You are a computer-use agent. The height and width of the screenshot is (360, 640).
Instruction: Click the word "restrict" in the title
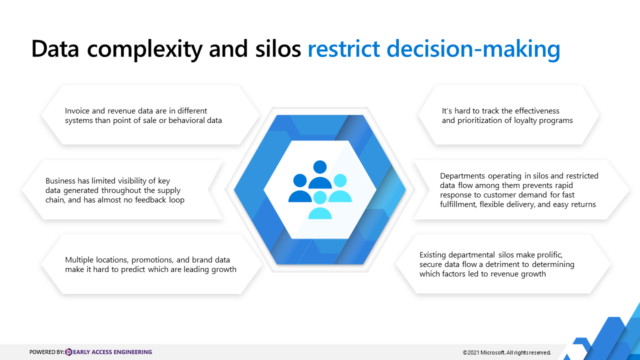343,49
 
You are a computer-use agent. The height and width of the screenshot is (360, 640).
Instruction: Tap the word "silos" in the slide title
278,49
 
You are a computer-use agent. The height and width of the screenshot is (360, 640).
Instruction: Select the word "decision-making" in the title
473,50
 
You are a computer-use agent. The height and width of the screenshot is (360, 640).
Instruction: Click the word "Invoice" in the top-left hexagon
77,111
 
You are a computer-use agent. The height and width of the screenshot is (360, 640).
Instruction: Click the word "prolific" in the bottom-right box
549,255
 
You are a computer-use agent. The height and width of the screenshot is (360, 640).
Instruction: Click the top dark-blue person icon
320,174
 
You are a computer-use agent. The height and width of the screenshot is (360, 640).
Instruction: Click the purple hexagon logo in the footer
68,352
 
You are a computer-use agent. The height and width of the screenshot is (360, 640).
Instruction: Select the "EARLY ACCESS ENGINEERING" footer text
112,352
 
